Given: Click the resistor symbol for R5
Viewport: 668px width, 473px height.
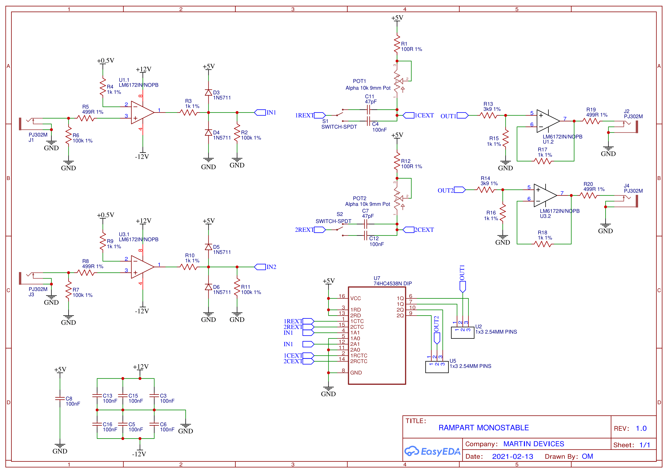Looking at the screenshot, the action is (x=86, y=118).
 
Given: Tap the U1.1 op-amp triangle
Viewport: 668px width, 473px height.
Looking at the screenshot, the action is (x=143, y=112).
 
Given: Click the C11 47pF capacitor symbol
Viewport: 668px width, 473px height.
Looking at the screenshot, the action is (x=368, y=110).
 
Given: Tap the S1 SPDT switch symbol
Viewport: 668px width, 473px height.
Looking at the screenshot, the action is (x=340, y=115).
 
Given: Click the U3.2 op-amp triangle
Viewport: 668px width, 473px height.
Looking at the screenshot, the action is (x=545, y=195).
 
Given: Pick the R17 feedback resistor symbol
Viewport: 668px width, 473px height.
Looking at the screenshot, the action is (x=543, y=161).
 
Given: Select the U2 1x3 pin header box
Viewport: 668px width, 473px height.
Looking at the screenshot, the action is (x=463, y=332).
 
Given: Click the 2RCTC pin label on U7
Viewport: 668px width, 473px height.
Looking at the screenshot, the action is (x=359, y=361).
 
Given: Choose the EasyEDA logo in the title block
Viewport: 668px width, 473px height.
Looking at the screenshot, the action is (x=432, y=451).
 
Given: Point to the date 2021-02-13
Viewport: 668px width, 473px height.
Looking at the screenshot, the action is (x=513, y=456).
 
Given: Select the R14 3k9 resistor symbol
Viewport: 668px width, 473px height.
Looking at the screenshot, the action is (x=486, y=190).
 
